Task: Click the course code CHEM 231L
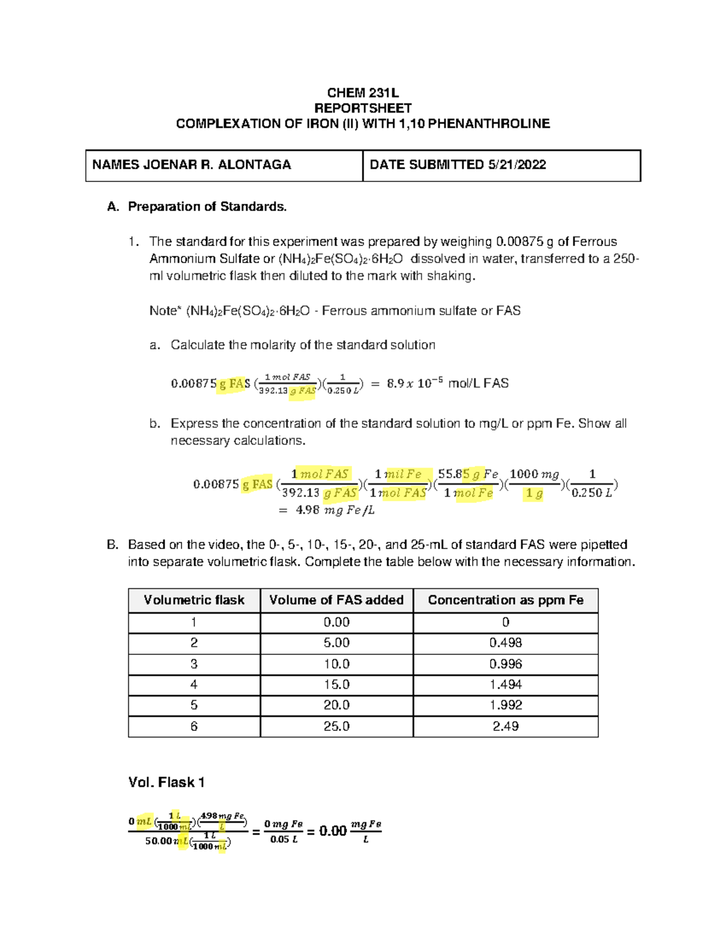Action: (362, 93)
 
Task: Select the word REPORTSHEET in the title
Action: (362, 108)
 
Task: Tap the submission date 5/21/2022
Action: (517, 164)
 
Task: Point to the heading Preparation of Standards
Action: (207, 207)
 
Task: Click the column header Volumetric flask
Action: (194, 600)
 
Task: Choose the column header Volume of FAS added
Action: (336, 600)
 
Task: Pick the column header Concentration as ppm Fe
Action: (505, 600)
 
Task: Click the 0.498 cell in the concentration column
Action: (505, 643)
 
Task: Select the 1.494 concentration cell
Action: (505, 684)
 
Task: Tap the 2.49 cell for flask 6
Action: (505, 726)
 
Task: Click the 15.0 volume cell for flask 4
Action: (336, 684)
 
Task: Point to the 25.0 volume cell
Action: (336, 726)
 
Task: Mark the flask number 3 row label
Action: (194, 664)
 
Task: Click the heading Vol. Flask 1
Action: (166, 782)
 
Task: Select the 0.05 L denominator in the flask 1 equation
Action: (284, 839)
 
